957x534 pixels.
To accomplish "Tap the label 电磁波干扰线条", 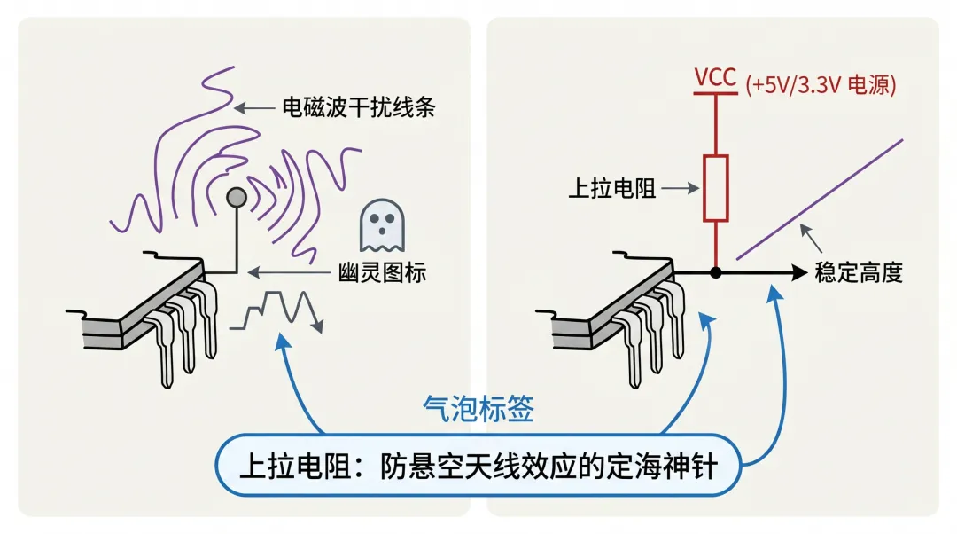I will tap(359, 108).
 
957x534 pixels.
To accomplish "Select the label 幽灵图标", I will tap(383, 272).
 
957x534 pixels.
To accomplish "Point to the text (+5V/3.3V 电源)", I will tap(821, 85).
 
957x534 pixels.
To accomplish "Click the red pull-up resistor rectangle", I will tap(715, 188).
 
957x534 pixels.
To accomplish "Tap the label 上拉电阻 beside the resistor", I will tap(611, 189).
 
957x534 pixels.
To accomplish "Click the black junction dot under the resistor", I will tap(715, 271).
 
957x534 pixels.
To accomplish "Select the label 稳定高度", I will tap(858, 272).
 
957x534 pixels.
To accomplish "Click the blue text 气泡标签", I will tap(478, 409).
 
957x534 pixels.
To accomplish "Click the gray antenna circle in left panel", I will tap(237, 197).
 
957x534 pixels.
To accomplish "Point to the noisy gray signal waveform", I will tap(276, 310).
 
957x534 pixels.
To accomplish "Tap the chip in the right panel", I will tap(620, 310).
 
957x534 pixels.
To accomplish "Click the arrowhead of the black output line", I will tap(797, 271).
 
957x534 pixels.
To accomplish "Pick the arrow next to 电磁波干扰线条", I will tap(255, 108).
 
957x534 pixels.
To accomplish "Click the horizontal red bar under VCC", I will tap(715, 93).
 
